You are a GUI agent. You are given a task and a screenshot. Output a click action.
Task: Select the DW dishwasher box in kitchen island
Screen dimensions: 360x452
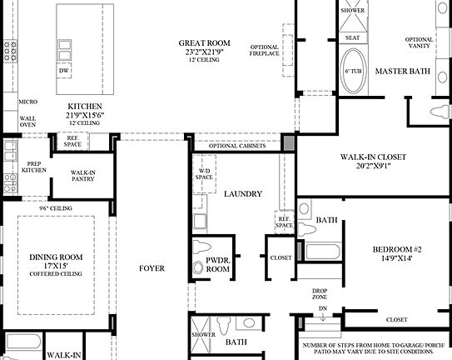pos(64,72)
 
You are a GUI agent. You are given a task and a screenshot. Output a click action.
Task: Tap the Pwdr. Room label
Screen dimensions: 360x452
pos(217,266)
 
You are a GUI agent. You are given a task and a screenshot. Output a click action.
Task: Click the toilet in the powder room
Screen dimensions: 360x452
pos(201,247)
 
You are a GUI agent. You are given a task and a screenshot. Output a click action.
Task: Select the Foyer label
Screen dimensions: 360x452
pos(152,268)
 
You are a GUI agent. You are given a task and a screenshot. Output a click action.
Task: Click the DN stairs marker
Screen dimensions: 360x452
pos(323,308)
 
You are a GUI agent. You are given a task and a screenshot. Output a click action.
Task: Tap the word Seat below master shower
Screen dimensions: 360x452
pos(352,37)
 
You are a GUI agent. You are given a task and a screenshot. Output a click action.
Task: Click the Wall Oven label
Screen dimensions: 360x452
pos(27,122)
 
